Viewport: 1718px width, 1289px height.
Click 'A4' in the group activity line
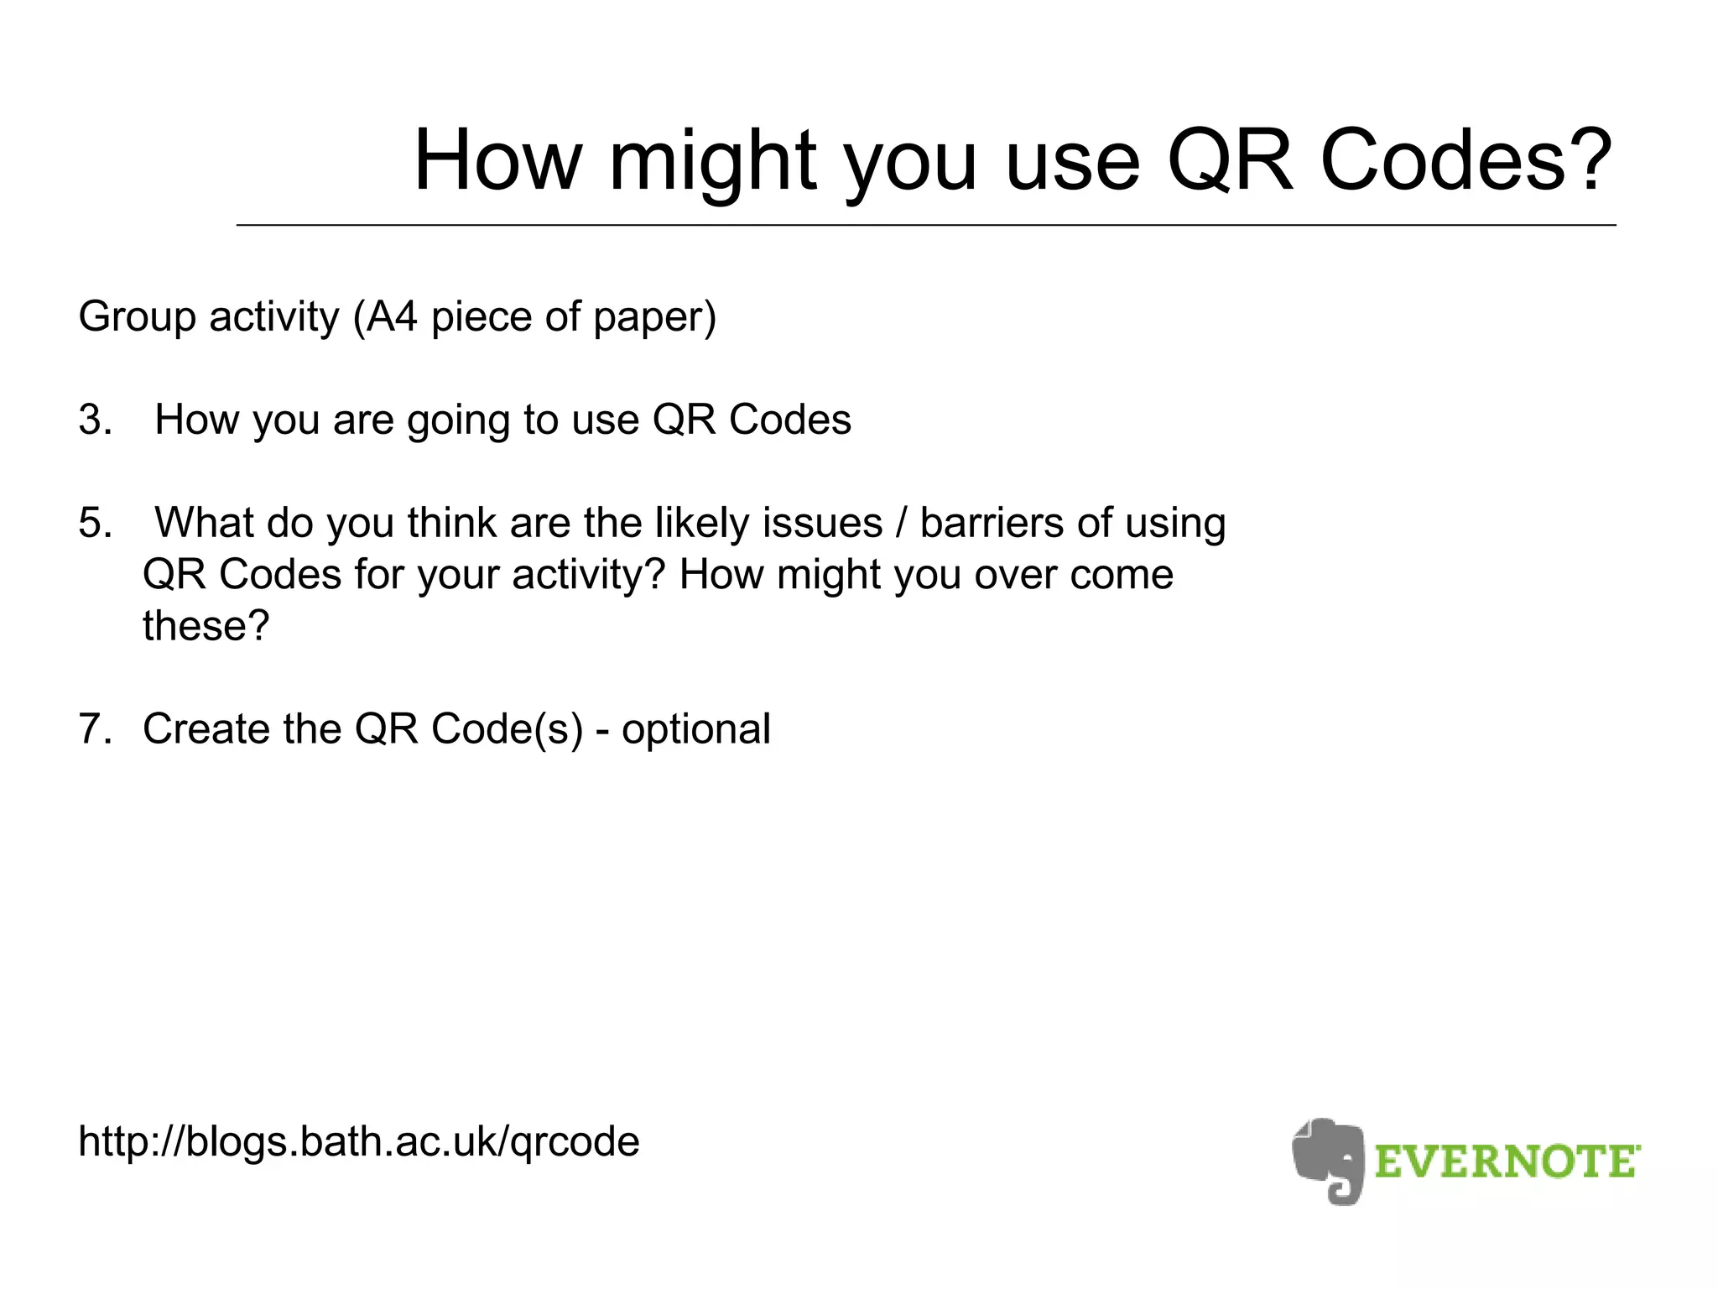point(392,317)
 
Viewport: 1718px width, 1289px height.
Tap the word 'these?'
point(206,626)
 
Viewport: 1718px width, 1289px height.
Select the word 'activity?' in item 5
point(588,576)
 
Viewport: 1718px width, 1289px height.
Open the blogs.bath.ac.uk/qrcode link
point(359,1142)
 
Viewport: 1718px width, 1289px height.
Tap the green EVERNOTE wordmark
point(1507,1162)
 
